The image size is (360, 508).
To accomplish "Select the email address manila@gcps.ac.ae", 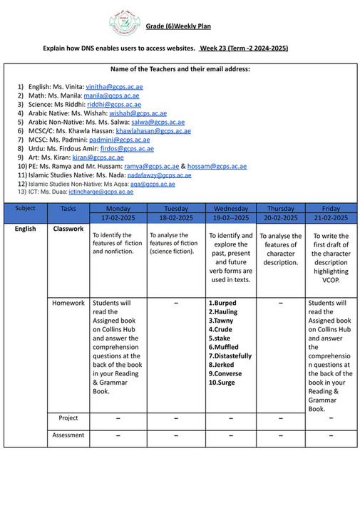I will coord(107,95).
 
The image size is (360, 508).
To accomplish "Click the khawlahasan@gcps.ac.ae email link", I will coord(153,131).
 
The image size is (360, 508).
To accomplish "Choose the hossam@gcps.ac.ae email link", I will coord(217,166).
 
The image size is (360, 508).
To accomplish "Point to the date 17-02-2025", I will coord(118,217).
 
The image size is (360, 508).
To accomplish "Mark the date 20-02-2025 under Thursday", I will coord(280,217).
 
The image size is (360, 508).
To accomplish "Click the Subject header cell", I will coord(25,208).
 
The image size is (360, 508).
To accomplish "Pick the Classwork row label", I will coord(68,229).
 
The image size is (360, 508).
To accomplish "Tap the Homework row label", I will coord(68,303).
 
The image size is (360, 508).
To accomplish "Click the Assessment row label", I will coord(68,435).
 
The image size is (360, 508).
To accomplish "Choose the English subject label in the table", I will coord(25,229).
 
